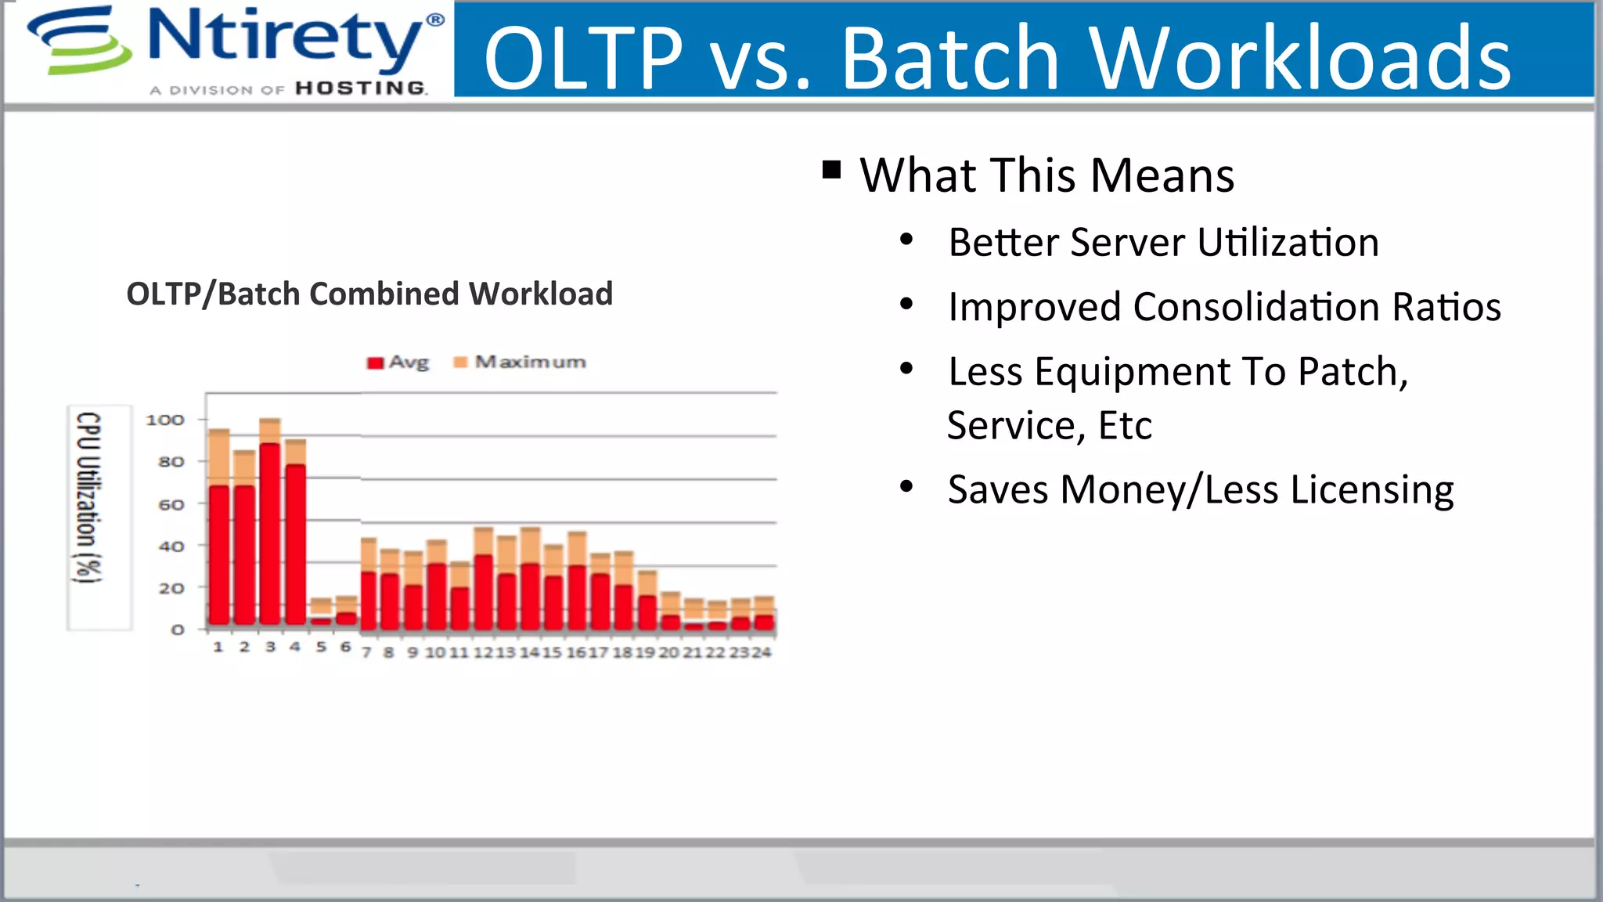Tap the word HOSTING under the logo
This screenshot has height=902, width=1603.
point(361,88)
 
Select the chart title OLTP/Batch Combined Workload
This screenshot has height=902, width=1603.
point(369,294)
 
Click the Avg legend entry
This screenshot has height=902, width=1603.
point(399,362)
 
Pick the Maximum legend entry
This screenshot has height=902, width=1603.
point(521,362)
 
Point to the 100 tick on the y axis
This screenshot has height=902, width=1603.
point(164,420)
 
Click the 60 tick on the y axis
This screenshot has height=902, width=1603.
point(171,505)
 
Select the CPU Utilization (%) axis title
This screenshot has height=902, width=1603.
point(88,497)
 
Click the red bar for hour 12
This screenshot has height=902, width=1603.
point(484,591)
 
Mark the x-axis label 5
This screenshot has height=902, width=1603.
point(321,648)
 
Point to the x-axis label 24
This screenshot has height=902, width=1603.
point(762,652)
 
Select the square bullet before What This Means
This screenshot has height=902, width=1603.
point(831,170)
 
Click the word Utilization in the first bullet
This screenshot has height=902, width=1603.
point(1287,242)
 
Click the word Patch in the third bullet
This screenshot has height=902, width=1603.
point(1347,371)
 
